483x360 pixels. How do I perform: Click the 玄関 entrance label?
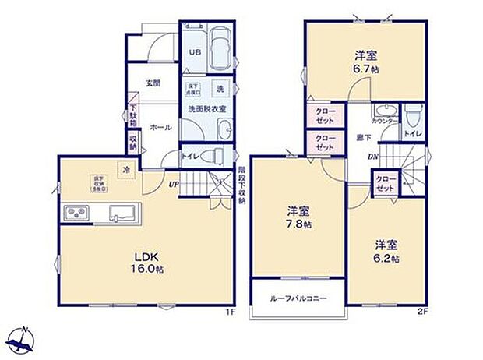[153, 83]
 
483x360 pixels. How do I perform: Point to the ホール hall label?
[160, 126]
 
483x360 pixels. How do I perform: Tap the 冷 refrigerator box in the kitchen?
[125, 168]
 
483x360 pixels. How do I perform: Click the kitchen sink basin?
[122, 212]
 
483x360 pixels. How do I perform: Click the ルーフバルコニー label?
[298, 299]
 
